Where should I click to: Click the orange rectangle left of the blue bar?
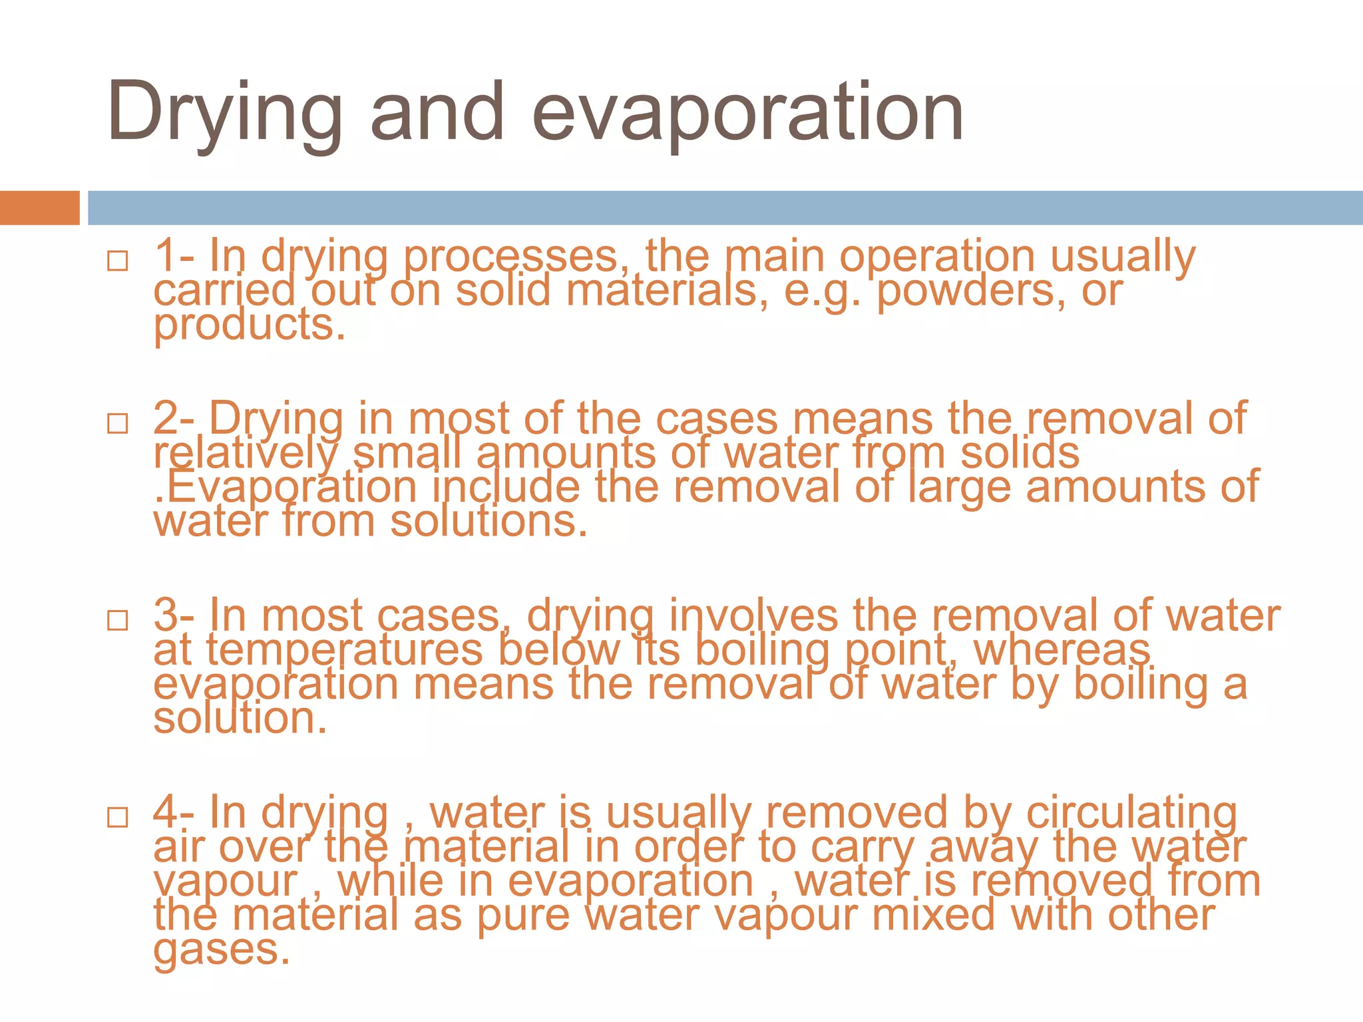pyautogui.click(x=39, y=208)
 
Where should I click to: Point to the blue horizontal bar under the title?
pyautogui.click(x=725, y=208)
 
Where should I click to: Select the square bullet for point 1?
pyautogui.click(x=118, y=261)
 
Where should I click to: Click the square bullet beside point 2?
pyautogui.click(x=118, y=423)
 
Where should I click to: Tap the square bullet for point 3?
pyautogui.click(x=118, y=620)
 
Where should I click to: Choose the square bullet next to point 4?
pyautogui.click(x=118, y=817)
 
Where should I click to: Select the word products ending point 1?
pyautogui.click(x=249, y=326)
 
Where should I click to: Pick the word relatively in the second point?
pyautogui.click(x=246, y=454)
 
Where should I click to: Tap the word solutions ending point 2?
pyautogui.click(x=488, y=522)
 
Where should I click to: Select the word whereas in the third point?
pyautogui.click(x=1062, y=651)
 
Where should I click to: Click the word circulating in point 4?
pyautogui.click(x=1131, y=813)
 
